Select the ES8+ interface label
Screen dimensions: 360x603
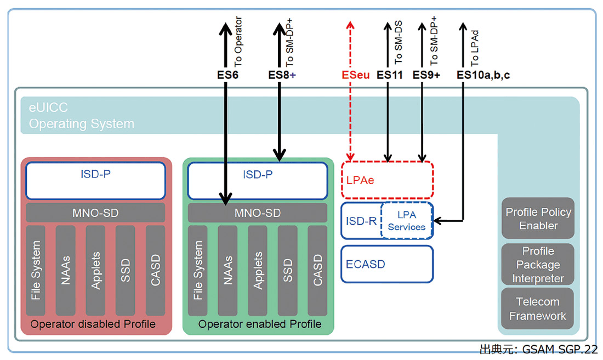tap(282, 75)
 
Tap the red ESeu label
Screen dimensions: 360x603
tap(356, 75)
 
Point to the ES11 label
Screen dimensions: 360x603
tap(390, 75)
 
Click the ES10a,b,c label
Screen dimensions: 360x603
tap(483, 75)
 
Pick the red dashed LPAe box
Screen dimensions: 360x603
tap(387, 180)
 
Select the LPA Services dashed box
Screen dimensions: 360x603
tap(407, 221)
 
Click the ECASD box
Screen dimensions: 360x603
tap(387, 264)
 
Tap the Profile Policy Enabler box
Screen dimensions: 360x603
tap(538, 219)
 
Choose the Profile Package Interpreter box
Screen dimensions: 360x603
tap(538, 265)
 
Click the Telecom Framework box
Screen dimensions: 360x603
tap(538, 308)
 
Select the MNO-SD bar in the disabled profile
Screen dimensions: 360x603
tap(95, 213)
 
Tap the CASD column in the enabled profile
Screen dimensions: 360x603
tap(317, 270)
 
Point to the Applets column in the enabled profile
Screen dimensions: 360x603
tap(258, 270)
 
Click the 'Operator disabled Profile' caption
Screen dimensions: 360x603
tap(93, 324)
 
